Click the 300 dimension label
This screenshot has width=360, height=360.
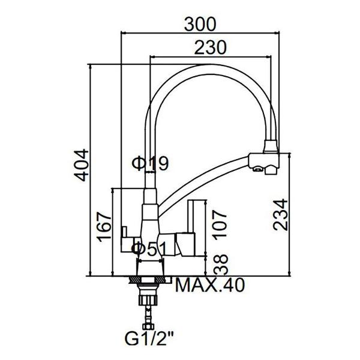[x=200, y=25]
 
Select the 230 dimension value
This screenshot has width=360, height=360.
[x=211, y=47]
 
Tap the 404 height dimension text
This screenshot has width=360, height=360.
[x=81, y=165]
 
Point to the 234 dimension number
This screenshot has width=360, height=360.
[x=280, y=215]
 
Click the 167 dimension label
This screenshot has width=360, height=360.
[x=104, y=227]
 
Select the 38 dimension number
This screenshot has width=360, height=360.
[x=221, y=265]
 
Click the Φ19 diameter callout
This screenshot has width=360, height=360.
[x=150, y=163]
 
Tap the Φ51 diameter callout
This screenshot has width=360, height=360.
[x=149, y=250]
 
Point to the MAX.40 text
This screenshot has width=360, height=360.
[x=210, y=285]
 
